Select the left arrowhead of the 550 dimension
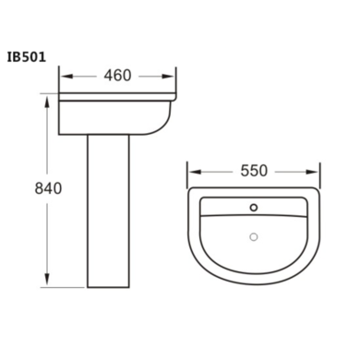click(x=191, y=173)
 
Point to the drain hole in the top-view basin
click(x=252, y=237)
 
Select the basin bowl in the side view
click(x=115, y=115)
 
